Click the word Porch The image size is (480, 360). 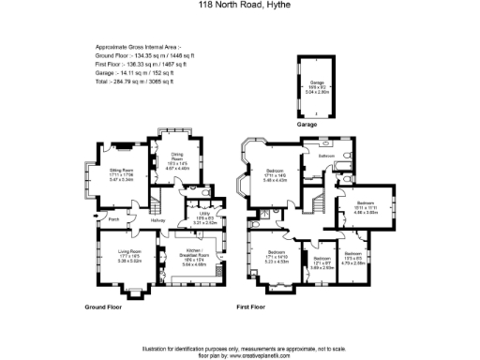click(112, 220)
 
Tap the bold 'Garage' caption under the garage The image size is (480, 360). click(307, 124)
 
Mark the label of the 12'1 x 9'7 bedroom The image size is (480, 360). click(322, 262)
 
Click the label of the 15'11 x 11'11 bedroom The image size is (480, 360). click(365, 207)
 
